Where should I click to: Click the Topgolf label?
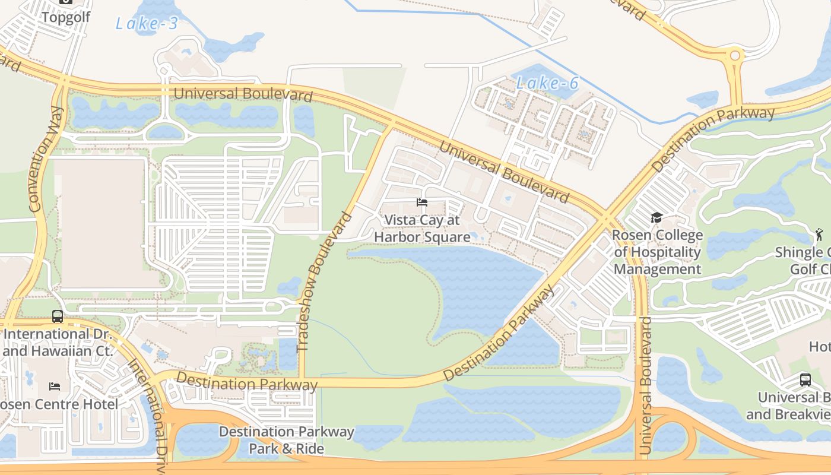[65, 17]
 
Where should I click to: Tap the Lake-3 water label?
[146, 24]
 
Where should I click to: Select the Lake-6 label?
[547, 83]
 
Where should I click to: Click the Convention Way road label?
[46, 159]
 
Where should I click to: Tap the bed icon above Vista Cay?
[422, 202]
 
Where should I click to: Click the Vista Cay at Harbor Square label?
[421, 229]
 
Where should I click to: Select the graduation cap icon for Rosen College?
[656, 218]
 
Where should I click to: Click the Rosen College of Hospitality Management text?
[657, 252]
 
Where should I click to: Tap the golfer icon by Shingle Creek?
[820, 234]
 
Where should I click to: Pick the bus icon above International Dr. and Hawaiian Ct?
[58, 316]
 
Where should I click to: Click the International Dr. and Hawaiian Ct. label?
[57, 343]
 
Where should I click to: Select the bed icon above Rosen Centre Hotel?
[55, 387]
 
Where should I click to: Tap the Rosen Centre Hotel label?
[59, 404]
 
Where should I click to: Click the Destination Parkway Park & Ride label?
[287, 440]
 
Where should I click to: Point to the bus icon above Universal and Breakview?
[805, 380]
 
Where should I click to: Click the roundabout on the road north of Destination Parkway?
[735, 56]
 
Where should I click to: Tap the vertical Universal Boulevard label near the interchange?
[646, 386]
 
